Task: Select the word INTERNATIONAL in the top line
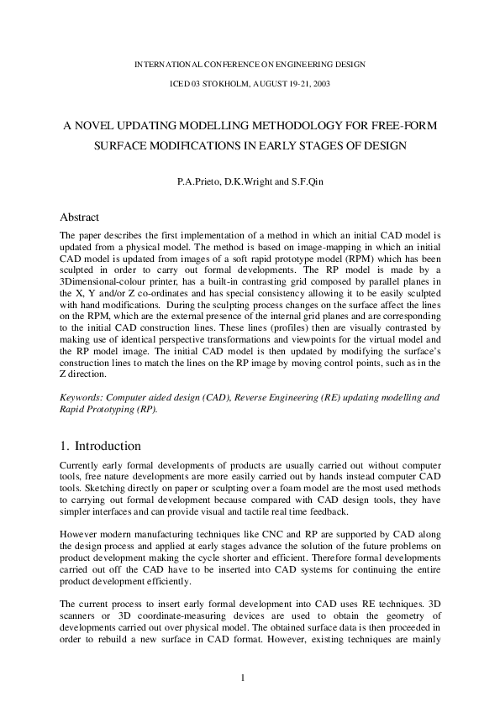click(x=171, y=64)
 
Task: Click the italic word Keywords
click(x=83, y=395)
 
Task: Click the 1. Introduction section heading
click(x=101, y=446)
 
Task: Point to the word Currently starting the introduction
click(x=82, y=464)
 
